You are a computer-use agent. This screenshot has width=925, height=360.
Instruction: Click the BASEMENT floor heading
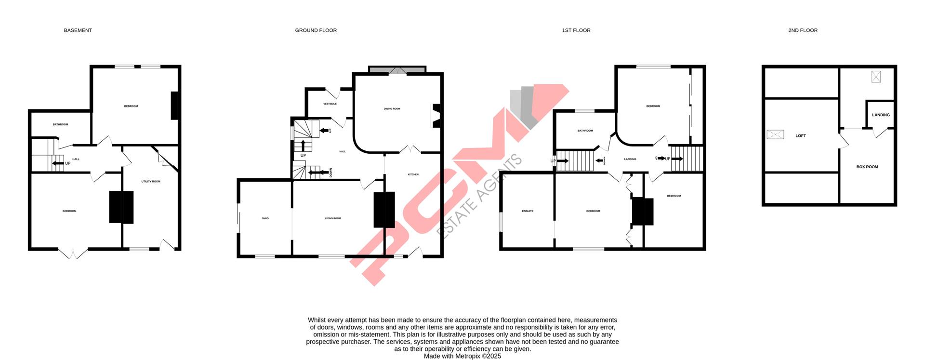pos(78,30)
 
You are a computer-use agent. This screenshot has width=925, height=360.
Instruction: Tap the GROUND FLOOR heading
pos(316,30)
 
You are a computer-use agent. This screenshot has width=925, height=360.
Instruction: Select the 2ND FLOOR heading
pos(803,30)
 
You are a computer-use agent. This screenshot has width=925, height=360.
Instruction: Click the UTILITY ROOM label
pos(150,182)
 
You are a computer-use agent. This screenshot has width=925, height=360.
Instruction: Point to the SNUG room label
pos(265,219)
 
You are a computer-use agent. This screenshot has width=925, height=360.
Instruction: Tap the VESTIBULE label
pos(330,104)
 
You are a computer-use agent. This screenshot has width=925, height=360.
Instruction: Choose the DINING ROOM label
pos(392,109)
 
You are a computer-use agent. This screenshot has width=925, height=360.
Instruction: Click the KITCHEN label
pos(413,174)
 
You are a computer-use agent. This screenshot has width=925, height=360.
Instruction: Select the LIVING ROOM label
pos(332,219)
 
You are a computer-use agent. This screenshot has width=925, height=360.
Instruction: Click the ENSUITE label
pos(528,211)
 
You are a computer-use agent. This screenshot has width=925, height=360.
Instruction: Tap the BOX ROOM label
pos(867,167)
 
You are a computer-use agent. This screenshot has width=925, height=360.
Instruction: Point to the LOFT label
pos(800,136)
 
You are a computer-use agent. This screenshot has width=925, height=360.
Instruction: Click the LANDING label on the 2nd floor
pos(881,115)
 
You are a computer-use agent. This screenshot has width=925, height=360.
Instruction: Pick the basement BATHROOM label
pos(60,125)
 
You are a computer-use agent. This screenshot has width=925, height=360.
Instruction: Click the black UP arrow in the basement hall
pos(58,163)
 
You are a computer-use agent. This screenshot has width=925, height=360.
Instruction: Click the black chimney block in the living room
pos(384,210)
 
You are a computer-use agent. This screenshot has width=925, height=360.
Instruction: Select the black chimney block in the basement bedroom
pos(121,207)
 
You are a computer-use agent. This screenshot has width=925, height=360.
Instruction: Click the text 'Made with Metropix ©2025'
pos(462,356)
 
